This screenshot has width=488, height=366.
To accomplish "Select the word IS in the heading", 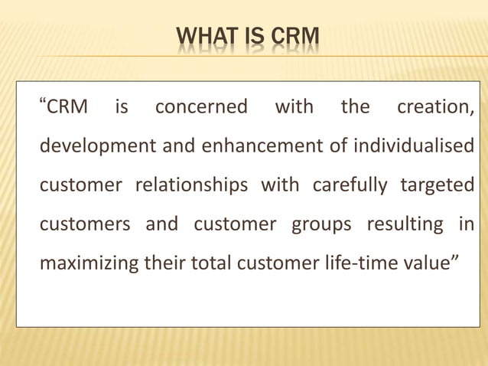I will point(250,36).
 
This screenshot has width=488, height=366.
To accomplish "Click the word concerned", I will point(201,107).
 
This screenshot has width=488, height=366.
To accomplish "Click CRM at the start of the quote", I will point(68,107).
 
